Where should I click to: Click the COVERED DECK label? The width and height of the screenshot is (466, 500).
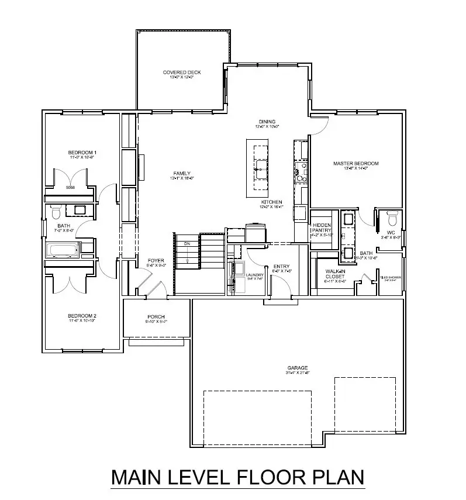pyautogui.click(x=182, y=72)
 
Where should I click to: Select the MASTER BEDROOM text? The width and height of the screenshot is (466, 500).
pyautogui.click(x=356, y=164)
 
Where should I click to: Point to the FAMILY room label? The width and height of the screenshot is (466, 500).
pyautogui.click(x=181, y=173)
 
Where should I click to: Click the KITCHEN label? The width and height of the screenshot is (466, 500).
pyautogui.click(x=272, y=202)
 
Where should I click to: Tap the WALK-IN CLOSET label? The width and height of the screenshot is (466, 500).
pyautogui.click(x=335, y=273)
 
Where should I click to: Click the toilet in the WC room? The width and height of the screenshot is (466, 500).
pyautogui.click(x=392, y=219)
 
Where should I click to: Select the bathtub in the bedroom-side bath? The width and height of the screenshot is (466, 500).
pyautogui.click(x=63, y=251)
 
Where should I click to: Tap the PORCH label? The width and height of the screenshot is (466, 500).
pyautogui.click(x=156, y=317)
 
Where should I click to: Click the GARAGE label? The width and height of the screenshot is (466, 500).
pyautogui.click(x=297, y=368)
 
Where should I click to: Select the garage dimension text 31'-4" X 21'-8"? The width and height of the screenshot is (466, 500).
pyautogui.click(x=297, y=373)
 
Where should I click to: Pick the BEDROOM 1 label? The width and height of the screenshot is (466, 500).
pyautogui.click(x=82, y=153)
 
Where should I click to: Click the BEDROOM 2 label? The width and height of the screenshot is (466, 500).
pyautogui.click(x=82, y=316)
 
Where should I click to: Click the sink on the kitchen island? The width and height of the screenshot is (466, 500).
pyautogui.click(x=260, y=171)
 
